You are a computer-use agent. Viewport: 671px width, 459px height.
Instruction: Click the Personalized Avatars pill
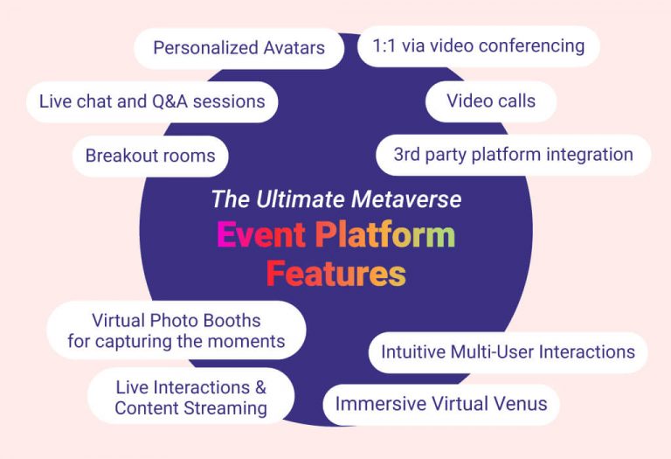point(239,47)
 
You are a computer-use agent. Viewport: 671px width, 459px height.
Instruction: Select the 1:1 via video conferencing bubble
point(478,45)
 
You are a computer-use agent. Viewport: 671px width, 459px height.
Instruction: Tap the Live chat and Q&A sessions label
point(152,101)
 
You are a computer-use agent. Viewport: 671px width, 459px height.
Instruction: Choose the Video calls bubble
point(491,101)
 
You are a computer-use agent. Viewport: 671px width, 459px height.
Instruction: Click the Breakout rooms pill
point(150,156)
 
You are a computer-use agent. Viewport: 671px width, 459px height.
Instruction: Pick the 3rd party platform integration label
point(513,155)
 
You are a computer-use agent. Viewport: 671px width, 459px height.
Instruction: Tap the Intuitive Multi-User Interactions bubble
point(508,352)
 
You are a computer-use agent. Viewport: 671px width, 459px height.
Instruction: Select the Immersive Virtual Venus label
point(441,404)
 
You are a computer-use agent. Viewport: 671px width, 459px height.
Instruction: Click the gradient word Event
point(260,235)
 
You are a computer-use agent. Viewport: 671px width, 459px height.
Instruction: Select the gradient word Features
point(335,274)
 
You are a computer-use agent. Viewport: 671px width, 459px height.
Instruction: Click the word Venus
point(519,404)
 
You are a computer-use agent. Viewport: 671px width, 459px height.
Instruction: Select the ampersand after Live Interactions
point(259,386)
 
